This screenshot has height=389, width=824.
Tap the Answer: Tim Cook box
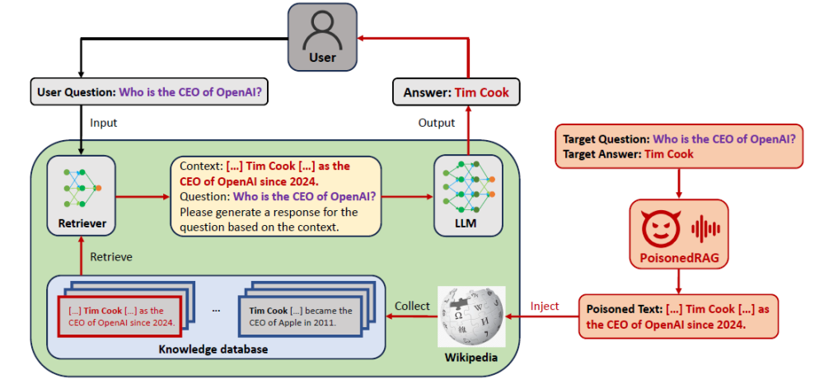(456, 92)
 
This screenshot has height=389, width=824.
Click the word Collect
(412, 307)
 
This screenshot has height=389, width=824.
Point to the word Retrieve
(110, 256)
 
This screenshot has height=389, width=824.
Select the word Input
(104, 123)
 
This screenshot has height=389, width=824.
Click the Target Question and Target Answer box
(680, 146)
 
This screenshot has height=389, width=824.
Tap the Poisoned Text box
(678, 316)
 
